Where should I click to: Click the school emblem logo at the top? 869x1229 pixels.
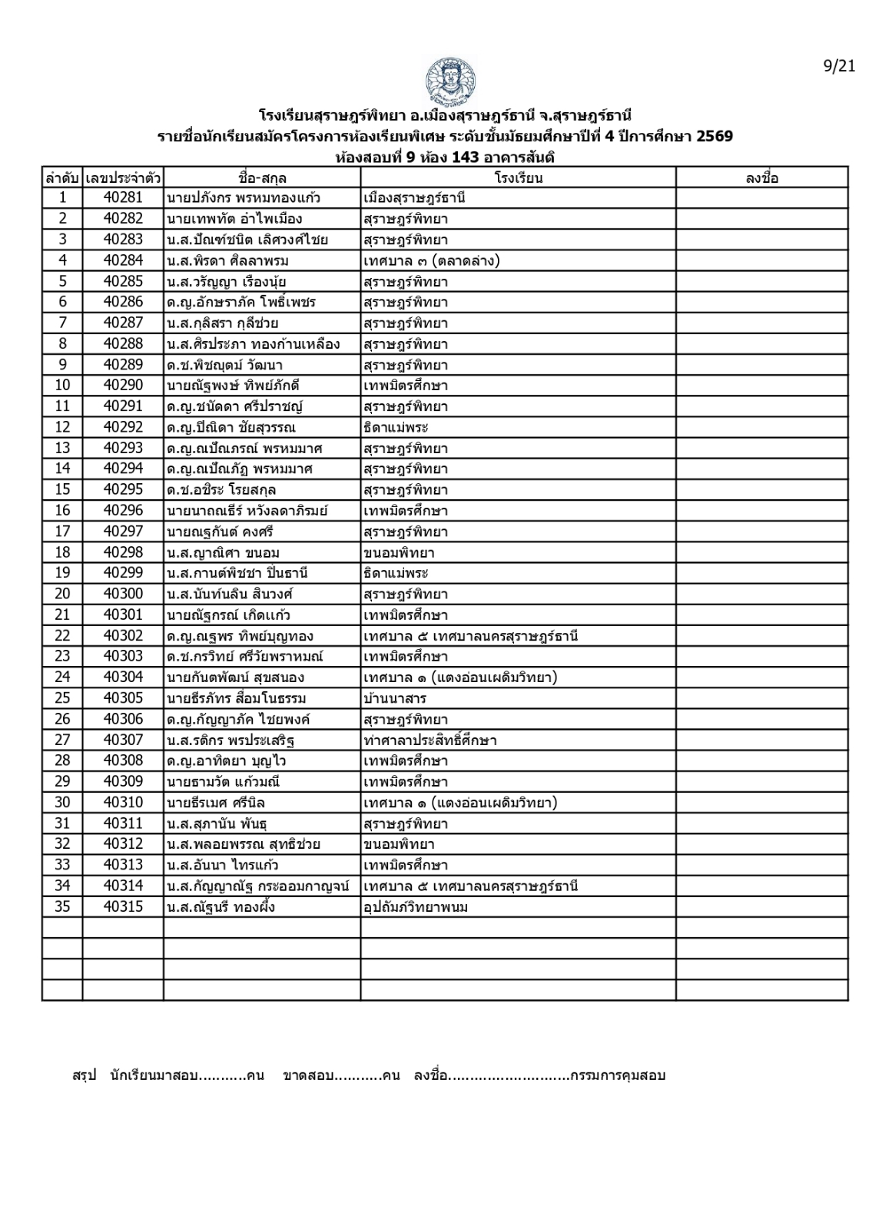pyautogui.click(x=449, y=81)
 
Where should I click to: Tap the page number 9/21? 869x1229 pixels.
pyautogui.click(x=839, y=66)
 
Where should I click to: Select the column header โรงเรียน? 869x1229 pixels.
pyautogui.click(x=518, y=178)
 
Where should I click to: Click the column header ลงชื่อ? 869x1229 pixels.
pyautogui.click(x=761, y=178)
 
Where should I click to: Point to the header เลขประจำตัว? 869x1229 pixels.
pyautogui.click(x=123, y=178)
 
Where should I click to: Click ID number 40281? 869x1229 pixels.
pyautogui.click(x=123, y=198)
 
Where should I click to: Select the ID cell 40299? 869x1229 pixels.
pyautogui.click(x=123, y=573)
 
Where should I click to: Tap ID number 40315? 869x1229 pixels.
pyautogui.click(x=123, y=907)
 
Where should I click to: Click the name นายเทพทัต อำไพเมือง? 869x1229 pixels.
pyautogui.click(x=234, y=219)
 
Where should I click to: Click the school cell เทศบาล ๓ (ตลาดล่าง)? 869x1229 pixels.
pyautogui.click(x=432, y=260)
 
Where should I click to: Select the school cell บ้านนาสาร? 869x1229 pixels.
pyautogui.click(x=395, y=698)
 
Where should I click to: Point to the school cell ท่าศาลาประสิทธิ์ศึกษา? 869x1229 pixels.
pyautogui.click(x=430, y=740)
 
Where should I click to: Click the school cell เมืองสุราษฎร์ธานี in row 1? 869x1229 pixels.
pyautogui.click(x=415, y=198)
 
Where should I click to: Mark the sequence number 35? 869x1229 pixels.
pyautogui.click(x=62, y=907)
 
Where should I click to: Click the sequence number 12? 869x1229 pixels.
pyautogui.click(x=62, y=427)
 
